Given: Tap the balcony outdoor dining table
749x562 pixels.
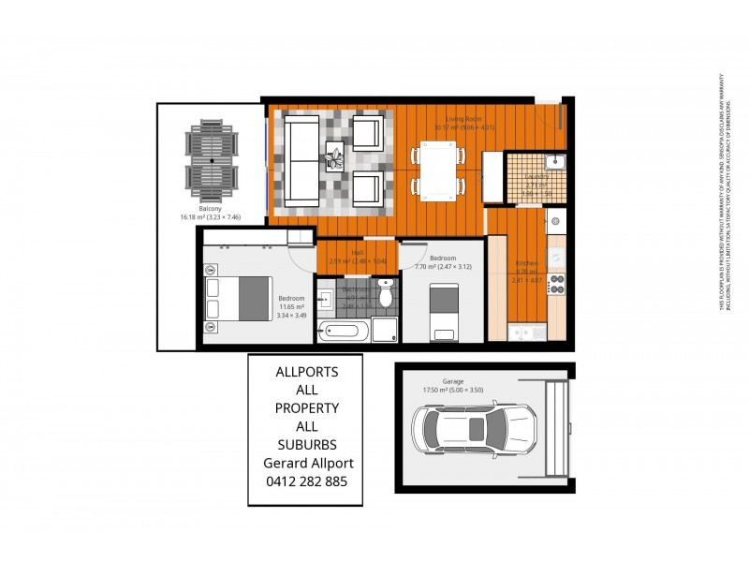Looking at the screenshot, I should click(x=212, y=161).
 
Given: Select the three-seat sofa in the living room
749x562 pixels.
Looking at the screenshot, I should click(x=301, y=161).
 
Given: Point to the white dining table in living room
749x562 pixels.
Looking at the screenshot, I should click(x=437, y=170).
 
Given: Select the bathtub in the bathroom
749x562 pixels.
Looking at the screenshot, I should click(x=342, y=331).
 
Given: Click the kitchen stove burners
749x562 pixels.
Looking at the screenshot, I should click(x=556, y=283).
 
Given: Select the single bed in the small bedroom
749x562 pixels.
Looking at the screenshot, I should click(x=443, y=310).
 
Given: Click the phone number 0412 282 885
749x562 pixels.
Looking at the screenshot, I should click(x=305, y=481).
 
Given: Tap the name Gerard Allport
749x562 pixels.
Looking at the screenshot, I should click(x=305, y=463).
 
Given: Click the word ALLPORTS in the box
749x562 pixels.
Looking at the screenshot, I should click(x=305, y=373).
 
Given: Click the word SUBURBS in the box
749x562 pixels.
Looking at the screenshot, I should click(x=305, y=445).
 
